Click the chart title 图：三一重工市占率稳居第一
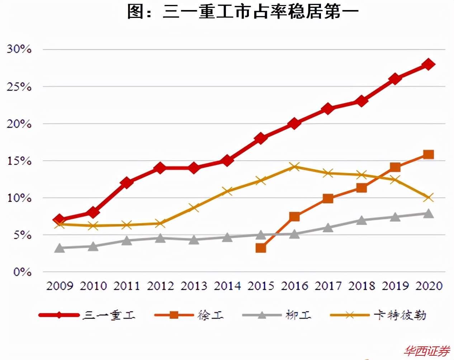coord(243,12)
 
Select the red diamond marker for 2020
coord(428,65)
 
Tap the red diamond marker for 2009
coord(60,219)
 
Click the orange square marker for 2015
coord(261,248)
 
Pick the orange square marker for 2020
coord(428,155)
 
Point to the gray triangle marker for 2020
coord(428,214)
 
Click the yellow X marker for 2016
coord(294,166)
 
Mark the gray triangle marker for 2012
coord(160,238)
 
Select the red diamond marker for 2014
coord(227,160)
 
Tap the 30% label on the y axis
coord(19,49)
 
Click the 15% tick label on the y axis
coord(19,161)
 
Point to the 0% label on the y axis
coord(22,272)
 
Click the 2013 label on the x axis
coord(194,286)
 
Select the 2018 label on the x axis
coord(361,286)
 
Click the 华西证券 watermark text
coord(427,351)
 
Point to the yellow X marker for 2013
coord(194,208)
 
